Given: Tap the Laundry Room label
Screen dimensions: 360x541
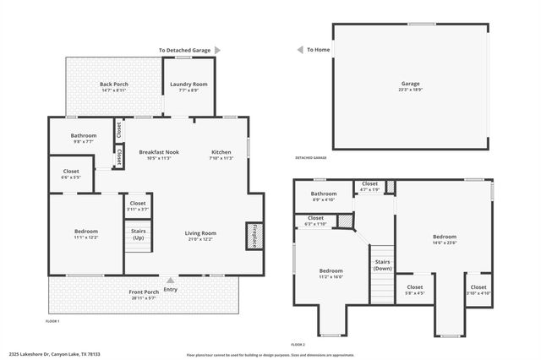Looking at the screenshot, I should [189, 85].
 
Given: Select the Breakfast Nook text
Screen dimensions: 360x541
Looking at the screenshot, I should [159, 152].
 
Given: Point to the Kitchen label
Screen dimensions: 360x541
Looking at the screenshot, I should [221, 152].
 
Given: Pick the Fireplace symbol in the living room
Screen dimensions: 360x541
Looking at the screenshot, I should [251, 236].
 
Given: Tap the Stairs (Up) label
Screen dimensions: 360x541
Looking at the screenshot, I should [137, 233].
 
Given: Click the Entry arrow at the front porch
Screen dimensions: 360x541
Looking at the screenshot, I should [172, 281].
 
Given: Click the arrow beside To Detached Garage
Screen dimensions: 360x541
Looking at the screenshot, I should [217, 51].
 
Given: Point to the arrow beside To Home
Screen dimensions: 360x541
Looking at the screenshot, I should [299, 50].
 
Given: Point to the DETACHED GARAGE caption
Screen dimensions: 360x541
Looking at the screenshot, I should [310, 158].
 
